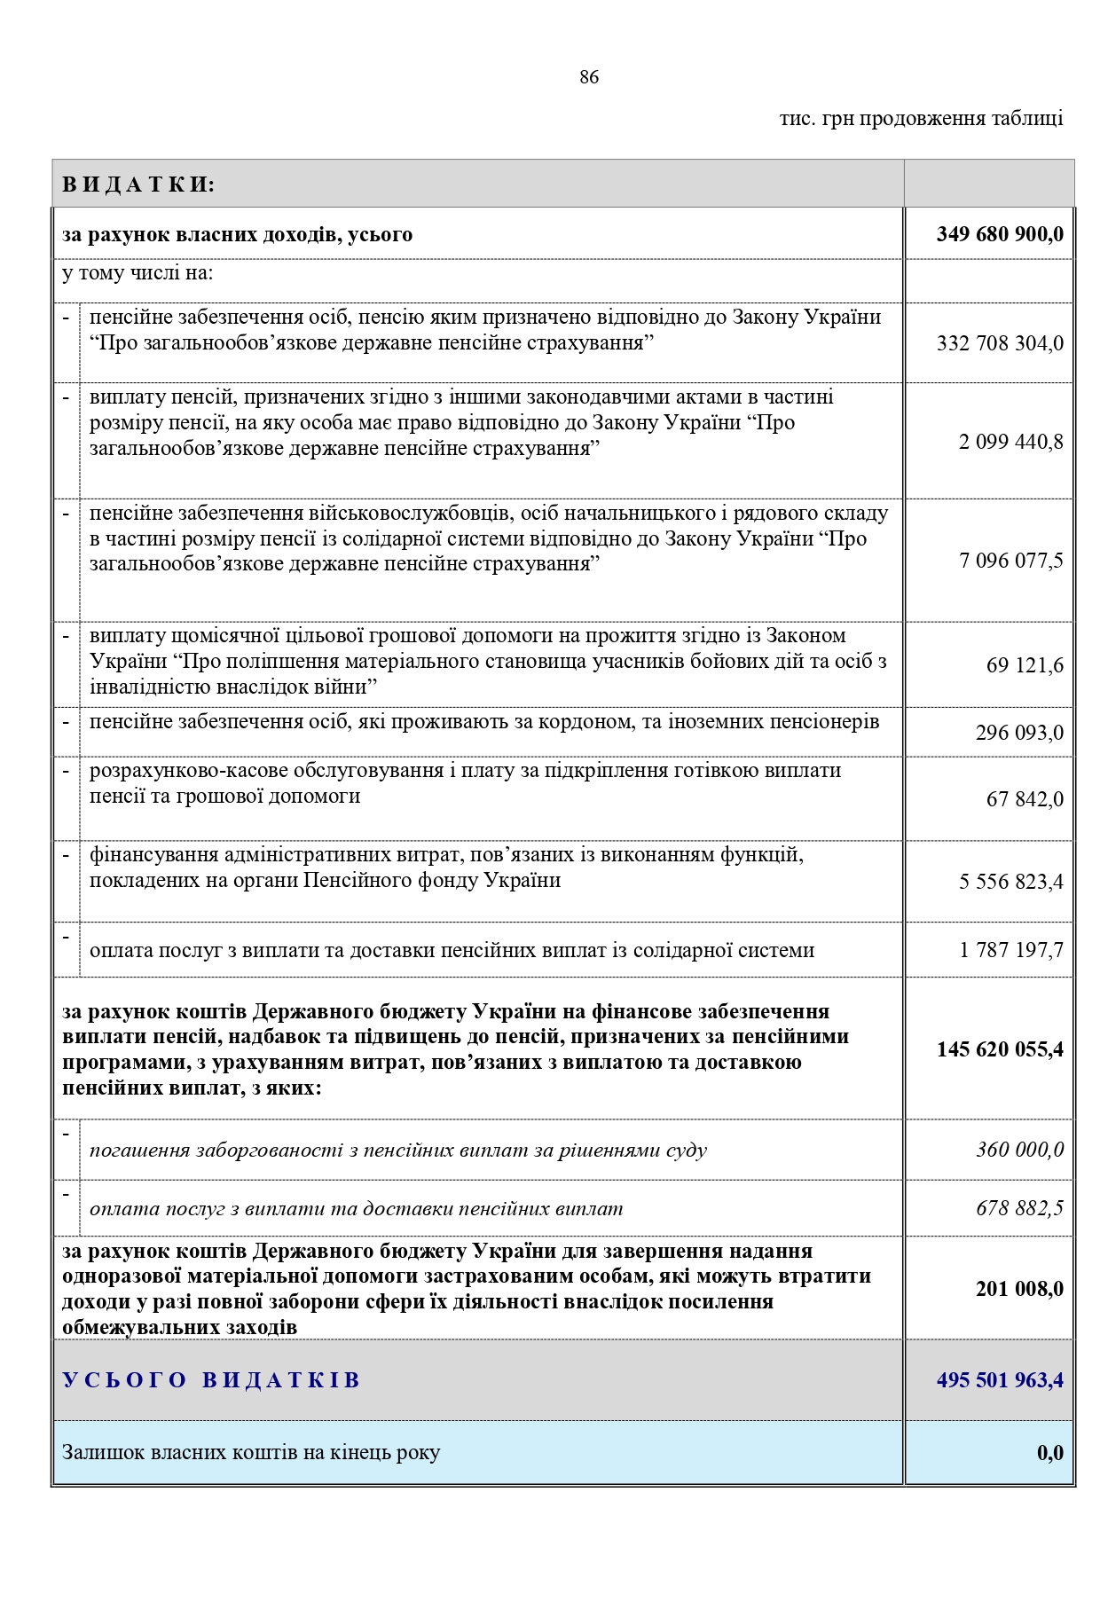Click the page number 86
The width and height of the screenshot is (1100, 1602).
589,77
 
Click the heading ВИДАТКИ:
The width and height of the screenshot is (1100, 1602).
139,185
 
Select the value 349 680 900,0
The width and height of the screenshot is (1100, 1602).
1000,234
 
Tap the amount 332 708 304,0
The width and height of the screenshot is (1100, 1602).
1000,343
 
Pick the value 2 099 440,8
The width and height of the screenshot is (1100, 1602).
1010,442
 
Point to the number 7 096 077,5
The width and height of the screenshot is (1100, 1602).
1010,561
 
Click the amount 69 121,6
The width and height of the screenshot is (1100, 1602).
1025,665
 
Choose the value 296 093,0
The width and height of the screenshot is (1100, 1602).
1019,733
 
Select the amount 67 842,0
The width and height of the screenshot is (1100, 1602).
1025,799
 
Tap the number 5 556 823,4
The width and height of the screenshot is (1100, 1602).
1010,882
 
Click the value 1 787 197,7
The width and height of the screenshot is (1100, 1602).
1010,950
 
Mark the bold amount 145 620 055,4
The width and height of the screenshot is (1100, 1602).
1000,1049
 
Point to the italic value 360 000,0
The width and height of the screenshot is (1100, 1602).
1019,1150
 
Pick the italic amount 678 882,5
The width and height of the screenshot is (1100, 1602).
1019,1208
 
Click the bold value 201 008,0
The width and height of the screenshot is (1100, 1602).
1019,1289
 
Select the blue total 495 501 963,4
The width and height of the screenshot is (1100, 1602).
1000,1380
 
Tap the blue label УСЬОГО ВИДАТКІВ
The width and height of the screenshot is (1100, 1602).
211,1380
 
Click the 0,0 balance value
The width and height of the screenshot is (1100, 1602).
1049,1453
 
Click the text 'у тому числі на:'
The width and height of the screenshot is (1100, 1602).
137,272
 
